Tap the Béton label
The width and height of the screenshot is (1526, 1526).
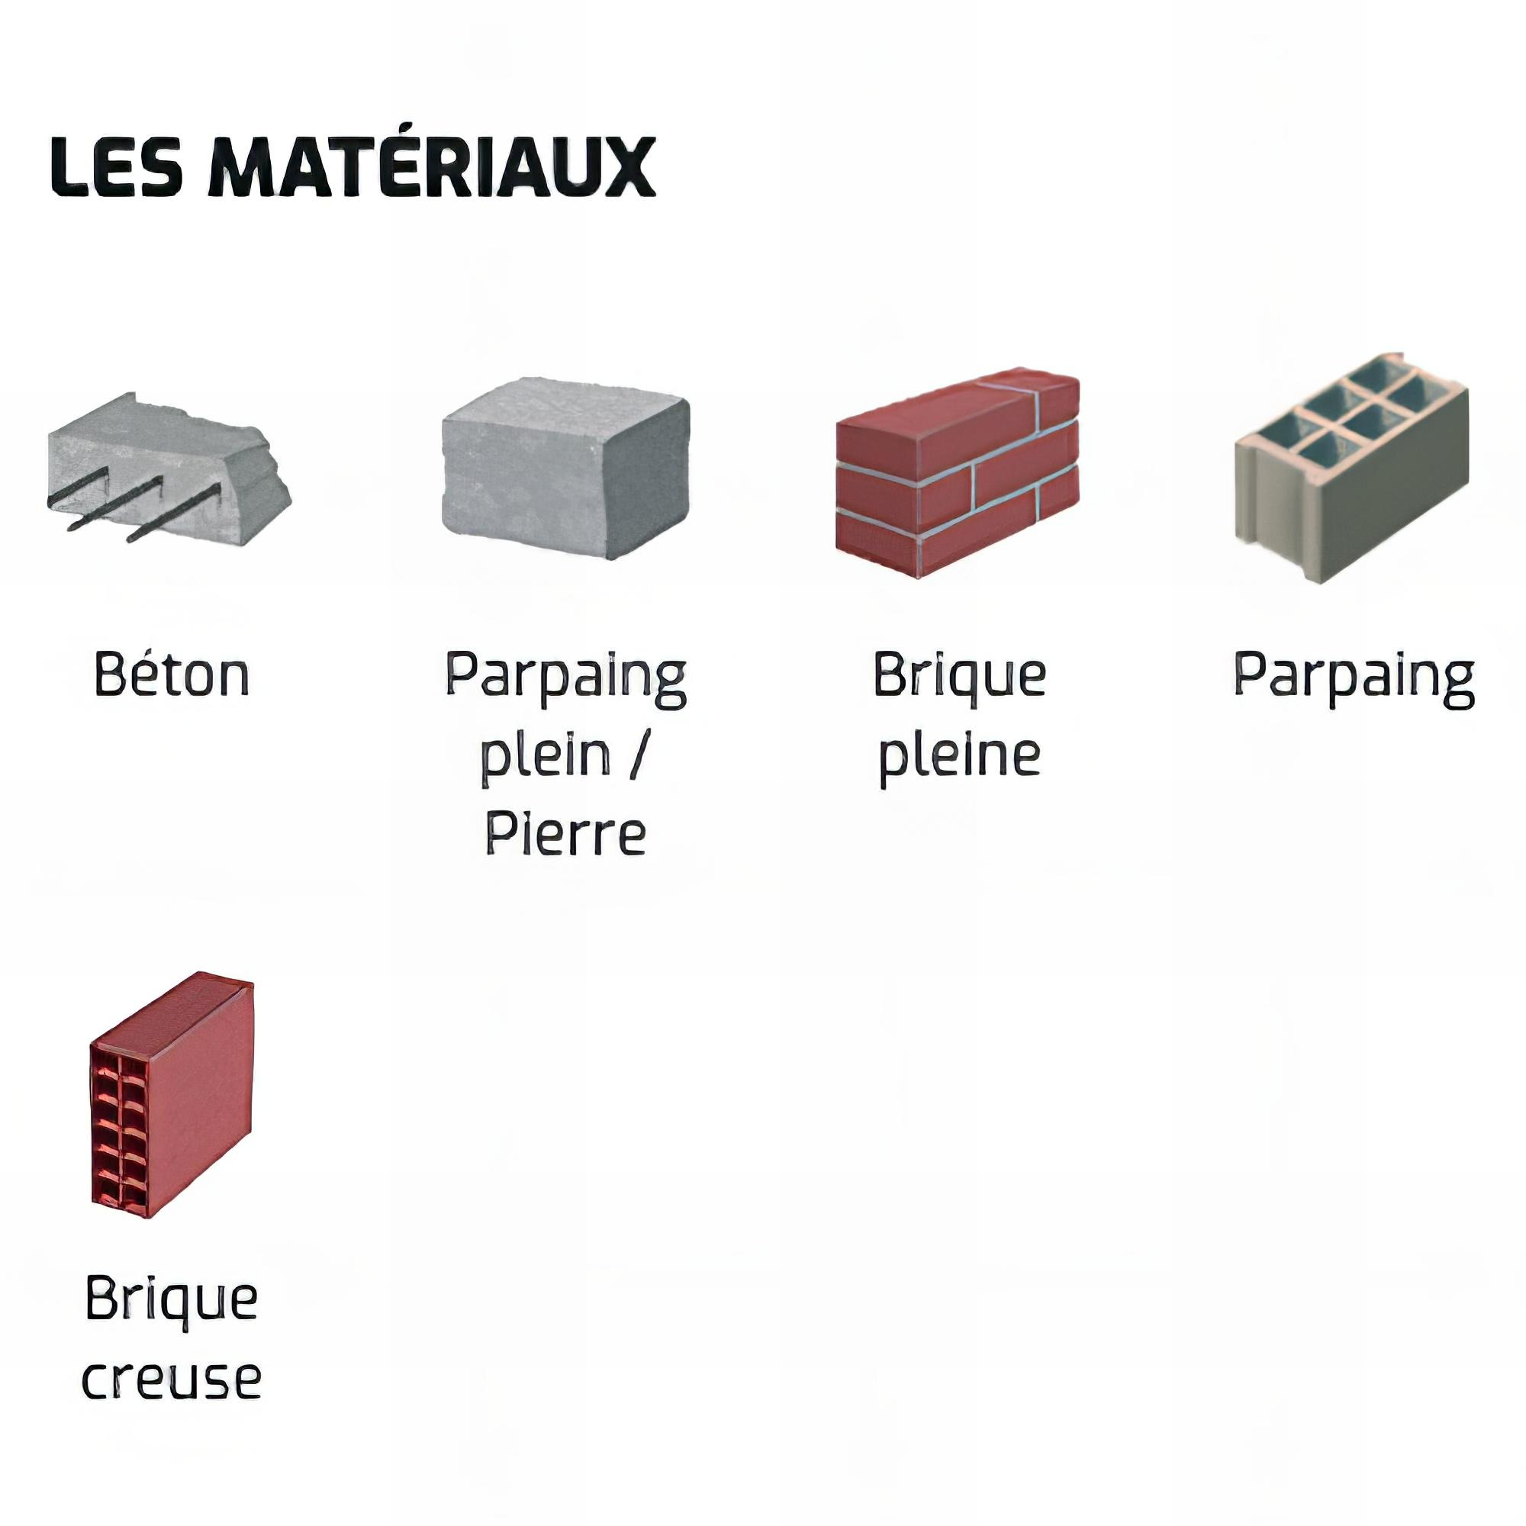pyautogui.click(x=172, y=673)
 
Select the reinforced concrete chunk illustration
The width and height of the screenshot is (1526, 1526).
pyautogui.click(x=169, y=469)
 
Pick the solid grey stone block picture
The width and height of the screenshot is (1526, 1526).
pyautogui.click(x=565, y=468)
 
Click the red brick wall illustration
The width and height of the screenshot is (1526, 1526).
pyautogui.click(x=958, y=472)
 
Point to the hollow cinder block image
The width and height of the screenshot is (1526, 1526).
pyautogui.click(x=1351, y=468)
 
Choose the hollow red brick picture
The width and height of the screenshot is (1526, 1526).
pyautogui.click(x=172, y=1096)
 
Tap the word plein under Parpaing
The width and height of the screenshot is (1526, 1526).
pyautogui.click(x=546, y=756)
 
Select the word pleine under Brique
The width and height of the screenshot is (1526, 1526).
pyautogui.click(x=960, y=756)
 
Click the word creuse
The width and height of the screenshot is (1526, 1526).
pyautogui.click(x=172, y=1379)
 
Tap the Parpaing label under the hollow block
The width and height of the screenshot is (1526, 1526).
pyautogui.click(x=1354, y=678)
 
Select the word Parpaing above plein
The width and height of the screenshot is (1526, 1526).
pyautogui.click(x=565, y=678)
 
